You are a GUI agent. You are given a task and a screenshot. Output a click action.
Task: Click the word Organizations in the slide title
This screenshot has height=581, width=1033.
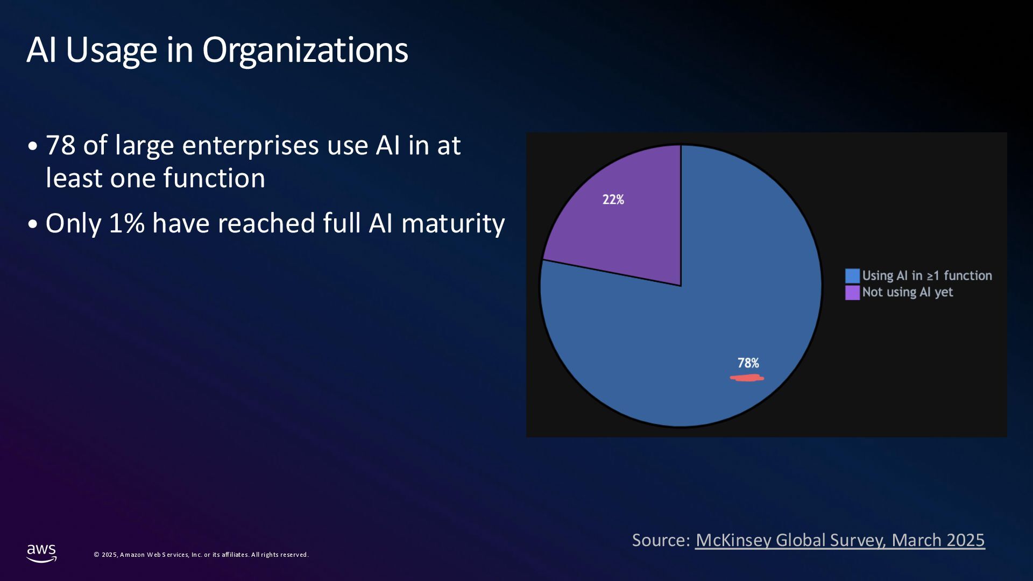305,51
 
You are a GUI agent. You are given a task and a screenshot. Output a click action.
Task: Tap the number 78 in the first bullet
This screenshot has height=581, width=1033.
60,145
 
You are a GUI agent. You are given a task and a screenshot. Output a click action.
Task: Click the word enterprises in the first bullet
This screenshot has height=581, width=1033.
250,145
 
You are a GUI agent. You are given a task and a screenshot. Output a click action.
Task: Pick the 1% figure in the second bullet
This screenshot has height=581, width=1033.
127,223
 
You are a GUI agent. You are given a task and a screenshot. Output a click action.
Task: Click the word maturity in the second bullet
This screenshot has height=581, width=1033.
452,223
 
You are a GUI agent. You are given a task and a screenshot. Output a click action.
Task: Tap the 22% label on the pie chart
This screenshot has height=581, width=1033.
613,200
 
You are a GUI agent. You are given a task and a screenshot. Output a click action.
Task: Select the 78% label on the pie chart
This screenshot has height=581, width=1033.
748,363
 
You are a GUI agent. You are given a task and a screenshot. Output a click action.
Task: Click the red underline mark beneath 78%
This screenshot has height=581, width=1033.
747,378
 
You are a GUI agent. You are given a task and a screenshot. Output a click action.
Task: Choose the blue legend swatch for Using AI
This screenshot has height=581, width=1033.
852,276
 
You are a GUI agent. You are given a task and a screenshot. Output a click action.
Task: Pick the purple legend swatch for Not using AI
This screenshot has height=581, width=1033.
852,293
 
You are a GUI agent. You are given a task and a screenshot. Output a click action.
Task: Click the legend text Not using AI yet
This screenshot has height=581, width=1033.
907,292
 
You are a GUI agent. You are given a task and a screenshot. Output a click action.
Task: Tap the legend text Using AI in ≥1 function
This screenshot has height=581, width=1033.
926,275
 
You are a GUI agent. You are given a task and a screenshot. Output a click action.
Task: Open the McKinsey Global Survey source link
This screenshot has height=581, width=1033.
840,540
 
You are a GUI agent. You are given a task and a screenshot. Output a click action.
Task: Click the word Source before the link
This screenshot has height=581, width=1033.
660,540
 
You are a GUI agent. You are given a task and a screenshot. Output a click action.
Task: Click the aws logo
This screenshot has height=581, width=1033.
41,552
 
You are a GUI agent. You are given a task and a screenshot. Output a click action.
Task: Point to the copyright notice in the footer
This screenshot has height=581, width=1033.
201,555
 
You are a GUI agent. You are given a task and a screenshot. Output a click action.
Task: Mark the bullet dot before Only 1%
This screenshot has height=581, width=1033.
33,224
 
